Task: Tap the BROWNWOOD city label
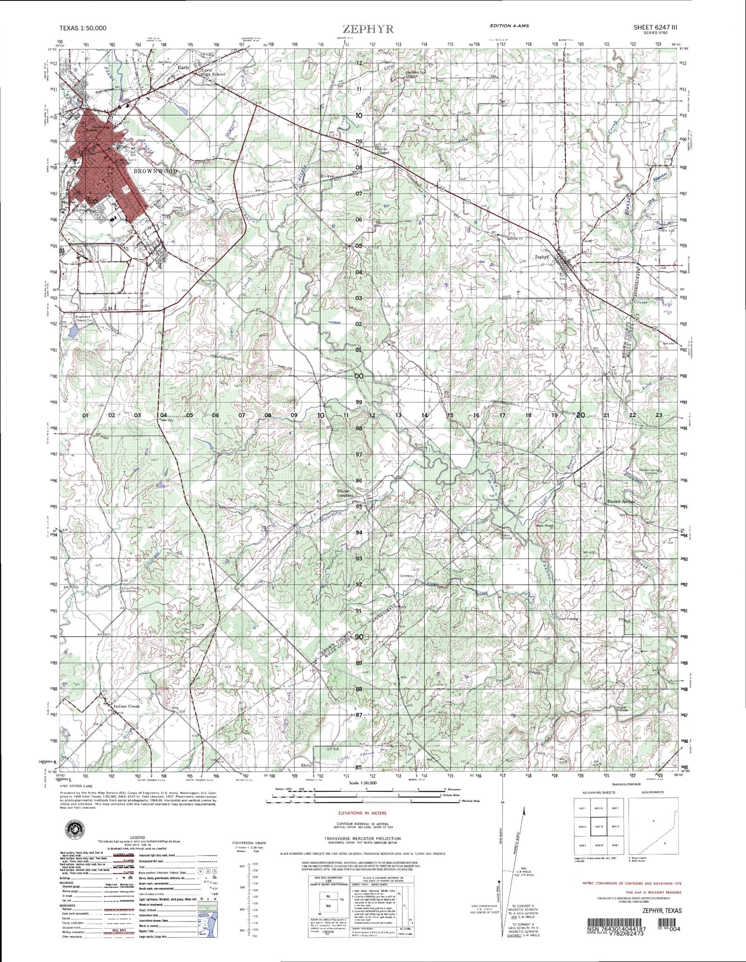[156, 171]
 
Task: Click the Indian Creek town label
[126, 706]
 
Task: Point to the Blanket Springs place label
[622, 502]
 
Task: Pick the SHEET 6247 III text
[657, 28]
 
